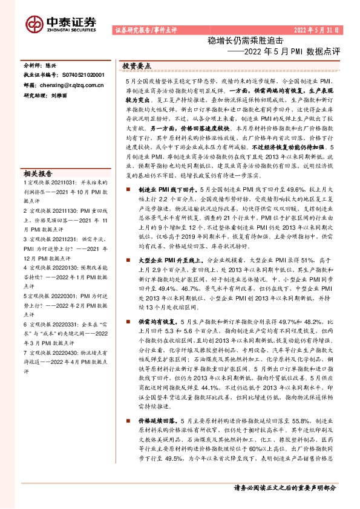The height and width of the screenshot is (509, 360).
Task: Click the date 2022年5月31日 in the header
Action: click(x=318, y=30)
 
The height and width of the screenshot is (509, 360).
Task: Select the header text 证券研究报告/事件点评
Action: click(x=145, y=30)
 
